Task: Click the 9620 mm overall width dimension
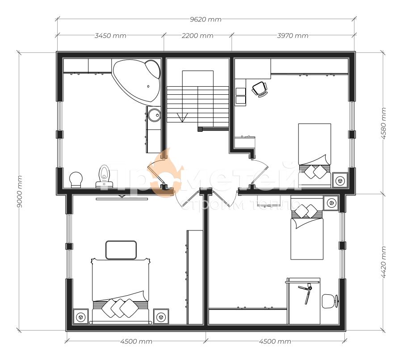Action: pyautogui.click(x=205, y=20)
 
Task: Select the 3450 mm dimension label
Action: pyautogui.click(x=110, y=36)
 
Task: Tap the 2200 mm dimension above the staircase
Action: pyautogui.click(x=198, y=36)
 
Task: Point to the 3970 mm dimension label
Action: pyautogui.click(x=293, y=36)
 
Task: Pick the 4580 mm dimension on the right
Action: pyautogui.click(x=383, y=123)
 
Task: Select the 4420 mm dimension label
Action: pyautogui.click(x=383, y=262)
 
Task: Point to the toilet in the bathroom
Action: pyautogui.click(x=105, y=176)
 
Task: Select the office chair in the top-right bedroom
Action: pyautogui.click(x=260, y=89)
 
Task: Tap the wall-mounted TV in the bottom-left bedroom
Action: pyautogui.click(x=122, y=198)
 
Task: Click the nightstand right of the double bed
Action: pyautogui.click(x=161, y=317)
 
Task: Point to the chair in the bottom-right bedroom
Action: pyautogui.click(x=330, y=301)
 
